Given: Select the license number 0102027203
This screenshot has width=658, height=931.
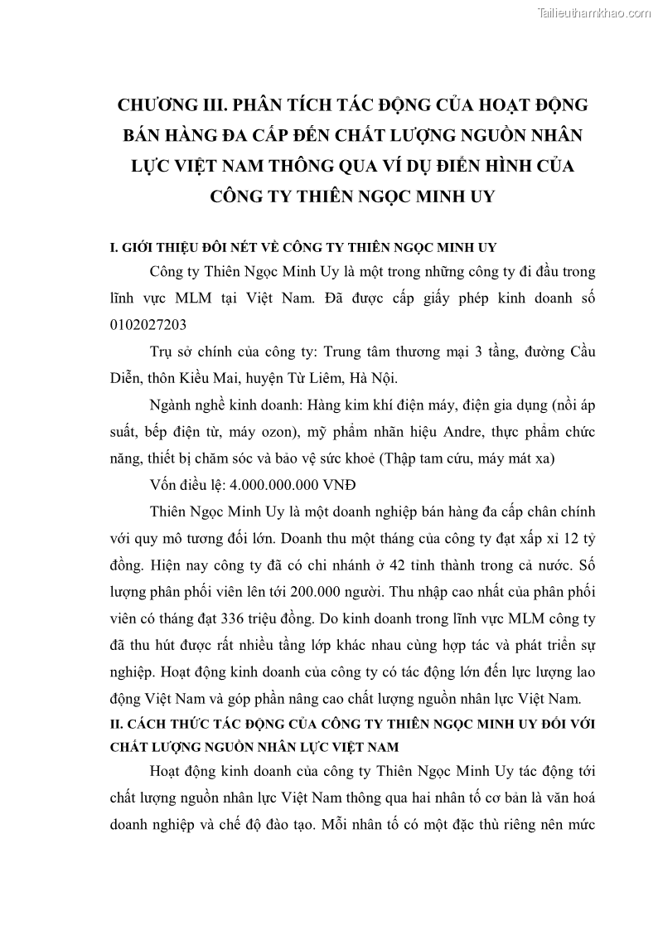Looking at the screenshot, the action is tap(148, 324).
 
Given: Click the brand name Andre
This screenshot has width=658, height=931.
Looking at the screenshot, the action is tap(433, 432).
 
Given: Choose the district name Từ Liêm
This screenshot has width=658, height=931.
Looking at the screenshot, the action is tap(314, 378).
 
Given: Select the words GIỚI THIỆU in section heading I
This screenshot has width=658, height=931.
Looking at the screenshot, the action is tap(155, 248).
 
